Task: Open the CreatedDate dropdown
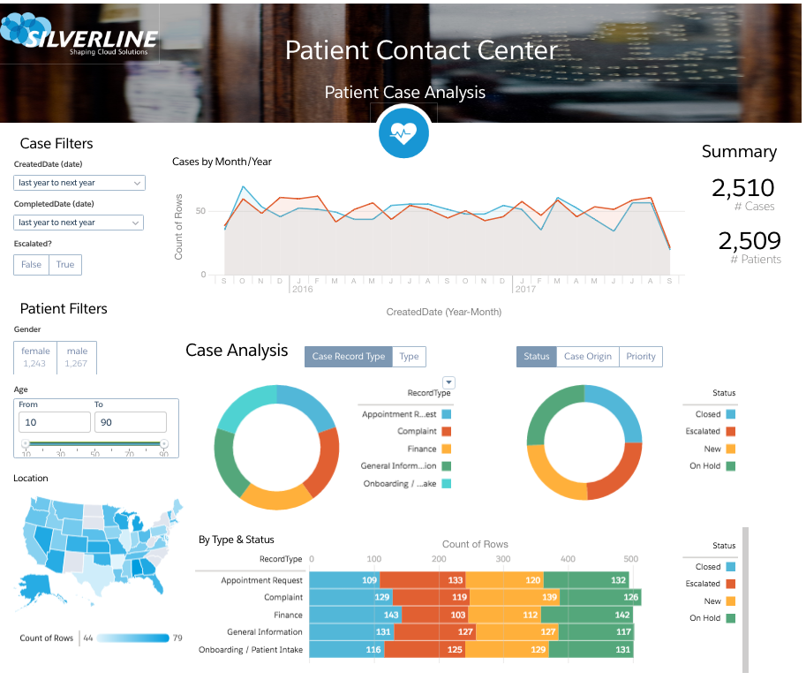click(x=79, y=183)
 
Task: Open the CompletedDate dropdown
click(x=79, y=223)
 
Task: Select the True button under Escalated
click(x=65, y=264)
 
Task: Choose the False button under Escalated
click(x=31, y=264)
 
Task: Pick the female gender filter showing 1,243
click(x=35, y=357)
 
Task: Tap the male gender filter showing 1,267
click(x=77, y=357)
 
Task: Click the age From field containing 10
click(x=55, y=422)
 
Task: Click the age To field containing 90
click(x=130, y=422)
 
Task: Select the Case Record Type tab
click(x=349, y=356)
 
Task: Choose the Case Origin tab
click(x=587, y=356)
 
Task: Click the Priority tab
click(x=641, y=356)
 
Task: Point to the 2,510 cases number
click(x=742, y=188)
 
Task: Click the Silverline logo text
click(x=91, y=40)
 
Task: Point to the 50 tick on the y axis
click(x=200, y=211)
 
